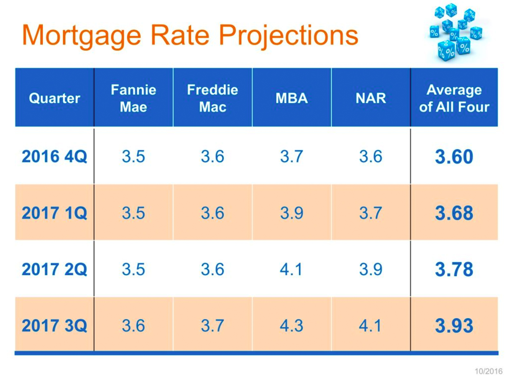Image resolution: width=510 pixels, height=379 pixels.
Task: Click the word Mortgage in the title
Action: pos(81,36)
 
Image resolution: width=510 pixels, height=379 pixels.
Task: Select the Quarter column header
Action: pos(54,98)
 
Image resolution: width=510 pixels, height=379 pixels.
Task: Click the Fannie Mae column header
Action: pos(133,98)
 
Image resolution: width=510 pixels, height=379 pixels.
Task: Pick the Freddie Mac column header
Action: pos(213,98)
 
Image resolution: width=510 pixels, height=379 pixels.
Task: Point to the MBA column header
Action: pos(291,98)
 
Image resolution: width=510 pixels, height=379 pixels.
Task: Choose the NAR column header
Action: pos(371,98)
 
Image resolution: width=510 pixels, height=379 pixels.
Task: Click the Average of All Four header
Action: pos(454,98)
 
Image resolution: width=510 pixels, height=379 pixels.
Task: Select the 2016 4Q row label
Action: pos(54,156)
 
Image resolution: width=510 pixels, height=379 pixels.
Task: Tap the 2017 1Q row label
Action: pos(54,213)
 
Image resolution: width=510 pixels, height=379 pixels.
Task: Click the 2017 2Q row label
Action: pos(54,269)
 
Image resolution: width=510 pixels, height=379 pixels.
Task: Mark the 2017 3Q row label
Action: pos(54,325)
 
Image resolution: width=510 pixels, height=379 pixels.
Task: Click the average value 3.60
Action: pos(454,157)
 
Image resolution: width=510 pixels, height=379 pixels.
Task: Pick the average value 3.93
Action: pos(454,325)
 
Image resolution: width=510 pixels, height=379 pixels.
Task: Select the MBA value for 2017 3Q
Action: pos(291,325)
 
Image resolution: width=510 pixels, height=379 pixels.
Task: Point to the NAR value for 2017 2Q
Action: pos(371,269)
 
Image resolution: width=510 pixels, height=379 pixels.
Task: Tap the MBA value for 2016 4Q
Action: pos(291,156)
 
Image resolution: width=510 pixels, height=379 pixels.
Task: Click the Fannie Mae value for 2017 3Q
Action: pos(133,325)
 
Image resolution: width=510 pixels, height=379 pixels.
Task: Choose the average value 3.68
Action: pos(454,213)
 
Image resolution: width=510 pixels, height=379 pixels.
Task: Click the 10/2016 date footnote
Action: pos(488,371)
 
